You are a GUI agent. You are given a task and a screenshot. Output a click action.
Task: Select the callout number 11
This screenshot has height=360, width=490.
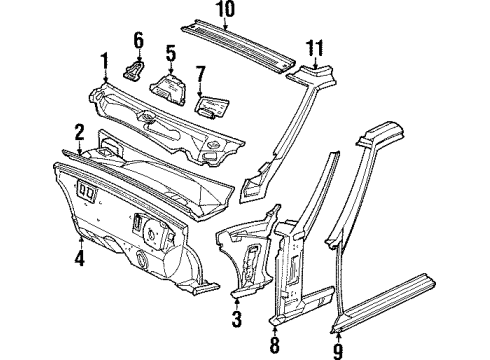pos(317,48)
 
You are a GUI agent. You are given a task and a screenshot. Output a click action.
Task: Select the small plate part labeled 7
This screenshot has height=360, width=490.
pos(212,101)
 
